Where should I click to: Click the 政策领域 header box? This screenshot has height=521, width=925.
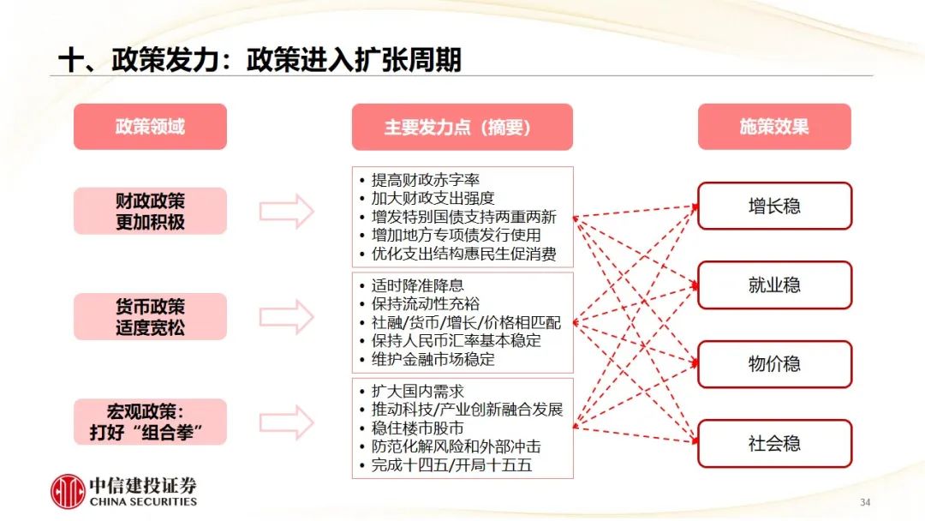pyautogui.click(x=150, y=127)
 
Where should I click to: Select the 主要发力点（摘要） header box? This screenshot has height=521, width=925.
pyautogui.click(x=462, y=127)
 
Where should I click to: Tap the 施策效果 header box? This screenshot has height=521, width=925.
pyautogui.click(x=774, y=127)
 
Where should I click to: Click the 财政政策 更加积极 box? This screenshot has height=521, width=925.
pyautogui.click(x=150, y=211)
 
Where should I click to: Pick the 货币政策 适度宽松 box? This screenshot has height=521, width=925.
pyautogui.click(x=150, y=316)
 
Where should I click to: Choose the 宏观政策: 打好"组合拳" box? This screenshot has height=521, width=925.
pyautogui.click(x=150, y=422)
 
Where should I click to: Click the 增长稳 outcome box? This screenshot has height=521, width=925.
pyautogui.click(x=774, y=206)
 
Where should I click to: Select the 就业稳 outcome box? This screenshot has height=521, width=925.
pyautogui.click(x=774, y=285)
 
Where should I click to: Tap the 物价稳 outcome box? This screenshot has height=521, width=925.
pyautogui.click(x=774, y=364)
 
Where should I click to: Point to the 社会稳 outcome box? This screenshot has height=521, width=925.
pyautogui.click(x=774, y=444)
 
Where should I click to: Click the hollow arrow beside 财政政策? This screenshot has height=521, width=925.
pyautogui.click(x=287, y=211)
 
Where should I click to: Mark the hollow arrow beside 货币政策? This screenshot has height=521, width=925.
pyautogui.click(x=287, y=316)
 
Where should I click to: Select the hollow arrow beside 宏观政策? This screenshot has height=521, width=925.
pyautogui.click(x=287, y=422)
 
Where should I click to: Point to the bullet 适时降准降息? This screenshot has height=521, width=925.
pyautogui.click(x=417, y=285)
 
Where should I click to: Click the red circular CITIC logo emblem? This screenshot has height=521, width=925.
pyautogui.click(x=68, y=491)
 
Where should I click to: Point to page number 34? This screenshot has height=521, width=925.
pyautogui.click(x=864, y=501)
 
